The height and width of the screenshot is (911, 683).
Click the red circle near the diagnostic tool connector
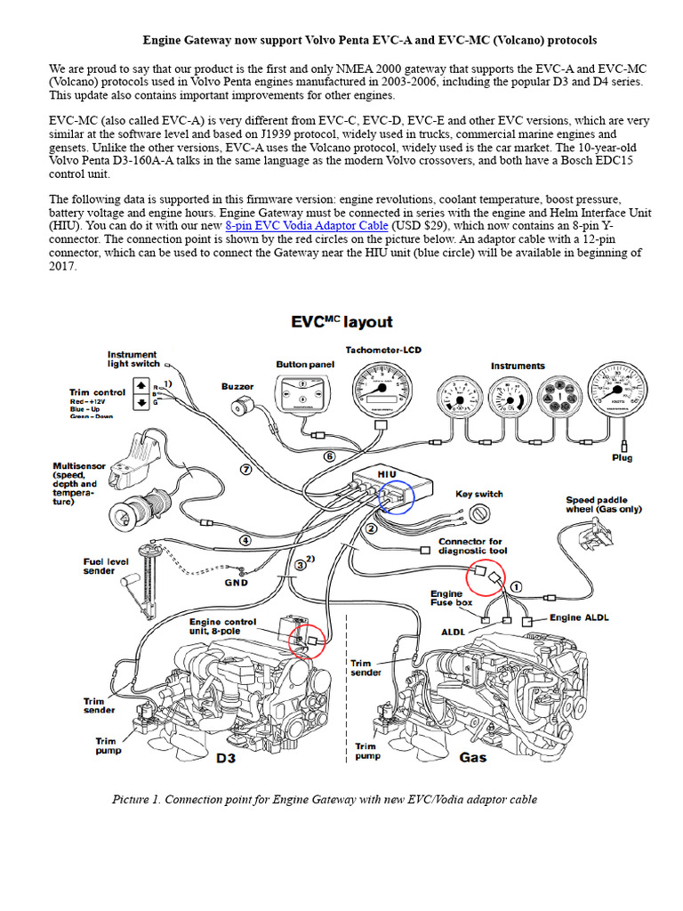(485, 576)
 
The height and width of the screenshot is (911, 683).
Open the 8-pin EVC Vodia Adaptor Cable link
(307, 225)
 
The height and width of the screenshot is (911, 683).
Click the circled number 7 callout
(248, 468)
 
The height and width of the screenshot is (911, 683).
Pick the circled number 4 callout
(245, 539)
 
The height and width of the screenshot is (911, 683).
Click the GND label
(236, 583)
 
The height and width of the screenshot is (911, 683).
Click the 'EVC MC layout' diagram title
(341, 321)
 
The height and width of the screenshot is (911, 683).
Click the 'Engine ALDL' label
(578, 617)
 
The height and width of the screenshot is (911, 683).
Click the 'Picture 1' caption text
(325, 800)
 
